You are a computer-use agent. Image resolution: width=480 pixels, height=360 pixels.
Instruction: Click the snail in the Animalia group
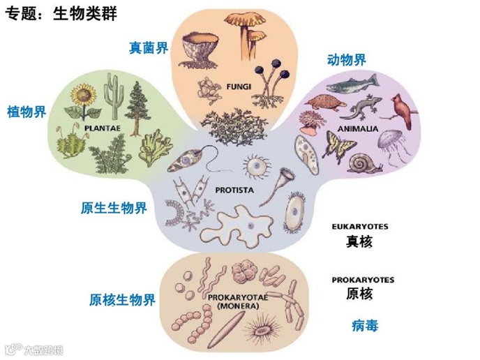pyautogui.click(x=361, y=163)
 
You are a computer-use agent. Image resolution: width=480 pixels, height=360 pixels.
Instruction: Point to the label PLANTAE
pyautogui.click(x=98, y=128)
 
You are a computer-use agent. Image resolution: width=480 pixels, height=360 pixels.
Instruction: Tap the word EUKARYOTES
pyautogui.click(x=360, y=227)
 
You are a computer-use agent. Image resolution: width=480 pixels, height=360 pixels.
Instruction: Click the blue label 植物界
pyautogui.click(x=27, y=112)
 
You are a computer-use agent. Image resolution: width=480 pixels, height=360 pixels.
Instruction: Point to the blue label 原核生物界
pyautogui.click(x=122, y=300)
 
